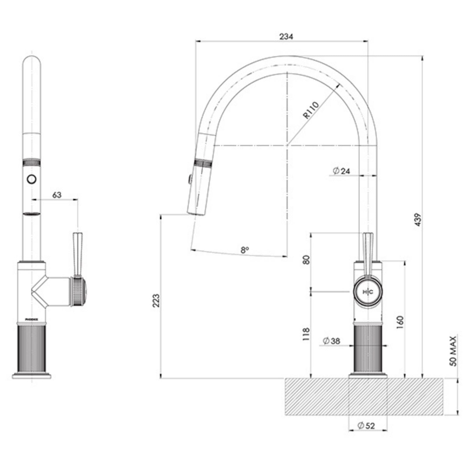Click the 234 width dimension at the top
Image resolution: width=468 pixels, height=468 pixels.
[x=286, y=37]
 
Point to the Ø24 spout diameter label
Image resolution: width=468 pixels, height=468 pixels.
[x=341, y=171]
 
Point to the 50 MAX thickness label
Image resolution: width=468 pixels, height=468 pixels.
[x=453, y=351]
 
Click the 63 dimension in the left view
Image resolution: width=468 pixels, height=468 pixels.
[x=57, y=195]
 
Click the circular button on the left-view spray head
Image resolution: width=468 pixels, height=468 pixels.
[x=31, y=179]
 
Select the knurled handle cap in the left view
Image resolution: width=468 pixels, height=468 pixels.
[x=79, y=292]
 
